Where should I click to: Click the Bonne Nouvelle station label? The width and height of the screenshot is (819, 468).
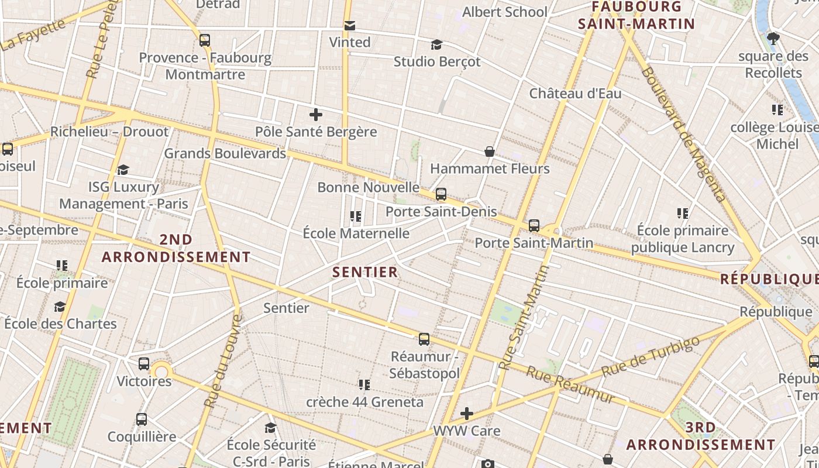click(368, 187)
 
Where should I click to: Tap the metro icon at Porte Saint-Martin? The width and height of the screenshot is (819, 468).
click(534, 226)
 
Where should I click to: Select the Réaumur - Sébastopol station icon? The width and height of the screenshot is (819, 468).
click(424, 339)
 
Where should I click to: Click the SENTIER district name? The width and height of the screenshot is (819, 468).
click(365, 272)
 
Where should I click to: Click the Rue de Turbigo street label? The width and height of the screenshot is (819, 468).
click(650, 357)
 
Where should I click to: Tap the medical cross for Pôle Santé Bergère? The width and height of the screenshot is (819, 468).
click(316, 114)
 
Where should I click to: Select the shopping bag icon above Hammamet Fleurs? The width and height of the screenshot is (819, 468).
click(490, 152)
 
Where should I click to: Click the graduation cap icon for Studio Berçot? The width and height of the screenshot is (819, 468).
click(436, 45)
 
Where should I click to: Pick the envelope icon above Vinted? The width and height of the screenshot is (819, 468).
click(350, 26)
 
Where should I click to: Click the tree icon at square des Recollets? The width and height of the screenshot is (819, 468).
click(773, 39)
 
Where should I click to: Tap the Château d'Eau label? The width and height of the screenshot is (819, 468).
click(575, 94)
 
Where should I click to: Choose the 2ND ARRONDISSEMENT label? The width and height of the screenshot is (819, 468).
click(176, 248)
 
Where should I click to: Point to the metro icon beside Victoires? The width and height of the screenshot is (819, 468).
click(144, 364)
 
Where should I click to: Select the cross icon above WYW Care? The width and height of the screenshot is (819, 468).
click(466, 414)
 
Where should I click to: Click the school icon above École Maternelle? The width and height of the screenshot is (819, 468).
click(355, 217)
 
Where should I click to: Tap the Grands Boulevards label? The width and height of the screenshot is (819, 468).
click(225, 153)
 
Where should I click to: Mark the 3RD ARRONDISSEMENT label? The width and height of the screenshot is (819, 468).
click(700, 436)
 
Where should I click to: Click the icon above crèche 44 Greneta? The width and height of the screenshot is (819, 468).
click(364, 385)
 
